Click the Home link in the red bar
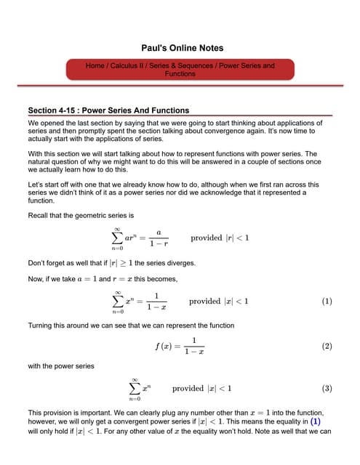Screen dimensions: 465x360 coord(95,66)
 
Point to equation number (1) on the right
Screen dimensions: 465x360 coord(327,302)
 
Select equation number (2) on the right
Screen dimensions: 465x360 coord(327,347)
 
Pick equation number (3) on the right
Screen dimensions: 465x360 coord(327,388)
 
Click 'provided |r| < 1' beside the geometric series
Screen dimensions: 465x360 coord(220,238)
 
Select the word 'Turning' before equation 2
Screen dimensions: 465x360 coord(41,325)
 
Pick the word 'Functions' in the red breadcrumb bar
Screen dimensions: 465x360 coord(180,74)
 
